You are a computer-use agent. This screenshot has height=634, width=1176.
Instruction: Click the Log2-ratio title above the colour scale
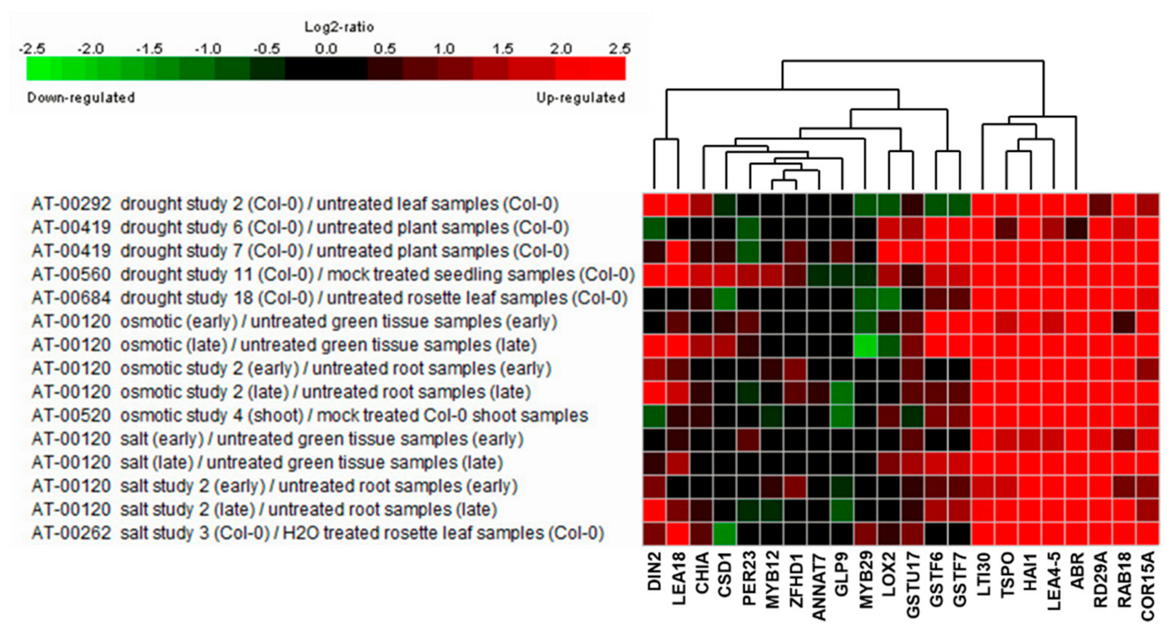[339, 27]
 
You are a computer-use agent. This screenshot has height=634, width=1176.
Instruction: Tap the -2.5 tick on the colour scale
[32, 49]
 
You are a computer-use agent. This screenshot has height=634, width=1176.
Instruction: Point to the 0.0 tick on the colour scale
[326, 49]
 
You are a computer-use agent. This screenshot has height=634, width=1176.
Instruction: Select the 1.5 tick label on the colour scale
[502, 49]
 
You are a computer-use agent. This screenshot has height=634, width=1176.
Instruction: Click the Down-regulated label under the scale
[81, 98]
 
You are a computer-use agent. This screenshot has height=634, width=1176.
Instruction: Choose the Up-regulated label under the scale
[580, 98]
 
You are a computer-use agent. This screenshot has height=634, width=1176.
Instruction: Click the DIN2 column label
[655, 571]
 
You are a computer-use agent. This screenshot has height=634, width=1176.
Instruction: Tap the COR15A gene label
[1148, 586]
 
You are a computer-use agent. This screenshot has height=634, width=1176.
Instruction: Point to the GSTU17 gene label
[913, 585]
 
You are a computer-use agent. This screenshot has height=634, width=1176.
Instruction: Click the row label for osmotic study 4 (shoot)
[309, 416]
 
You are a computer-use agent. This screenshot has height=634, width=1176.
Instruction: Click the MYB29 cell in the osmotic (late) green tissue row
[865, 346]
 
